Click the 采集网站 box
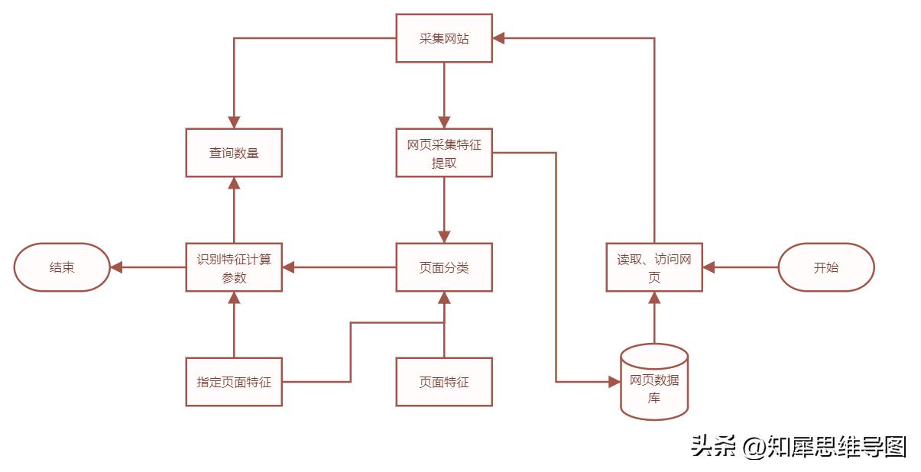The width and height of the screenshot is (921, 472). click(x=443, y=38)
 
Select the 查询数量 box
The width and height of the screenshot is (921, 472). click(x=234, y=153)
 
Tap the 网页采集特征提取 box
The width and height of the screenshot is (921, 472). click(x=443, y=153)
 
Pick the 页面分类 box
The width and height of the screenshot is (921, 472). click(x=443, y=267)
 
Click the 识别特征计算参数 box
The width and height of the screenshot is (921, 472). click(x=234, y=267)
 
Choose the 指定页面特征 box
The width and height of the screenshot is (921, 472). click(x=234, y=382)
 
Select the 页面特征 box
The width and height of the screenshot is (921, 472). click(x=443, y=382)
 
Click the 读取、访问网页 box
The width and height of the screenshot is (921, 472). click(x=653, y=267)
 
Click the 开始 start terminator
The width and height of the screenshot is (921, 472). click(x=825, y=267)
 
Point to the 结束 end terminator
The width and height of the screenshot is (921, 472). click(x=62, y=267)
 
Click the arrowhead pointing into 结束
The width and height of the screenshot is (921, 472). click(x=116, y=267)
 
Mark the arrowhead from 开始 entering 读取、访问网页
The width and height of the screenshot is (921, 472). click(x=709, y=267)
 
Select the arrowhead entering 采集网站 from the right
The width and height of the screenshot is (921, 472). click(x=498, y=38)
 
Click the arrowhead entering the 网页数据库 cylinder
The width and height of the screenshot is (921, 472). click(x=614, y=381)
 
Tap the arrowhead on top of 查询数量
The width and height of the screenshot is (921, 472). click(x=234, y=122)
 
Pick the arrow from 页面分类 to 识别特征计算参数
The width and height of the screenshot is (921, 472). click(x=340, y=267)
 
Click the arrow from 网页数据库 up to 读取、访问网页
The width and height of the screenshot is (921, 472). click(x=654, y=321)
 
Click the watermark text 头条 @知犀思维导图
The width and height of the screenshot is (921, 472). click(x=799, y=446)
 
